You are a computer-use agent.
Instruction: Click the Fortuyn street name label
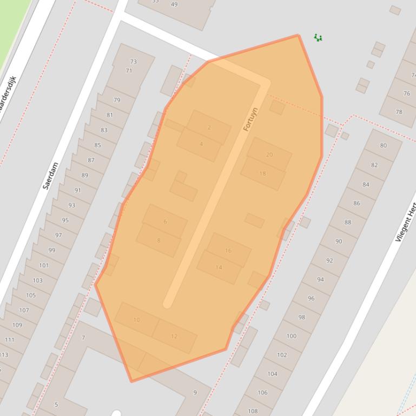coord(250,119)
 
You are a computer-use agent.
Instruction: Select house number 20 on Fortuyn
coord(269,155)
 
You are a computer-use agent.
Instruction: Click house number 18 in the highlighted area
coord(263,173)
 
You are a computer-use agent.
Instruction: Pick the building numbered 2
coord(209,128)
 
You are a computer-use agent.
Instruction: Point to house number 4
coord(201,144)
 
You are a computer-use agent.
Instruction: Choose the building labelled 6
coord(165,222)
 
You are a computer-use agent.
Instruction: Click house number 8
coord(159,240)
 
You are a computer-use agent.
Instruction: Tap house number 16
coord(228,251)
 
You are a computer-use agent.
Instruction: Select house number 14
coord(219,267)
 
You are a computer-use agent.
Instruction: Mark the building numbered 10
coord(136,320)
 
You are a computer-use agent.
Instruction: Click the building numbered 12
coord(174,336)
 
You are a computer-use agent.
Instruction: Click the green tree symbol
coord(318,37)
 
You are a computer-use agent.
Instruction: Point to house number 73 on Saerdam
coord(134,62)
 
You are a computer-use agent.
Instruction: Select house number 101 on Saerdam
coord(44,265)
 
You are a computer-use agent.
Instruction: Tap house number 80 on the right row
coord(384,145)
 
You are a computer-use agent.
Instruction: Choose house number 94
coord(321,279)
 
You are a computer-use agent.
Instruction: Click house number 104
coord(273,374)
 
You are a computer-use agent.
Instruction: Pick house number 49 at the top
coord(174,4)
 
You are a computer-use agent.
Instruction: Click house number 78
coord(399,112)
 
